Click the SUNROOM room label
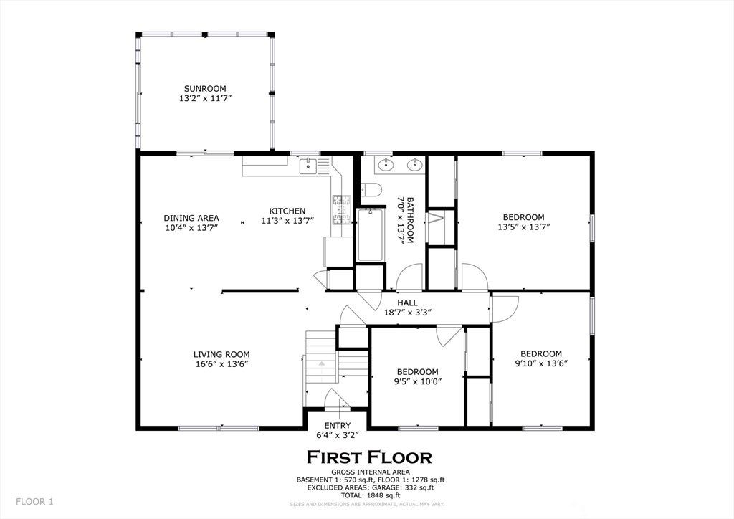click(205, 88)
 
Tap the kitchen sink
click(308, 165)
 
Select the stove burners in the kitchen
click(341, 209)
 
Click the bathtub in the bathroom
click(370, 234)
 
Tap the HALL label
click(407, 303)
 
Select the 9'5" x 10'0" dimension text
click(418, 381)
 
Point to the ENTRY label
click(337, 425)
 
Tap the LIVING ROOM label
click(221, 354)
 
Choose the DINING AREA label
click(191, 218)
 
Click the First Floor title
click(369, 457)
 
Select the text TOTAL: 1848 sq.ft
click(370, 495)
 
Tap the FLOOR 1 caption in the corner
click(34, 502)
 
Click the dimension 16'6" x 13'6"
click(221, 364)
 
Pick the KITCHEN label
click(287, 211)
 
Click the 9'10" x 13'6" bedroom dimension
click(541, 363)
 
